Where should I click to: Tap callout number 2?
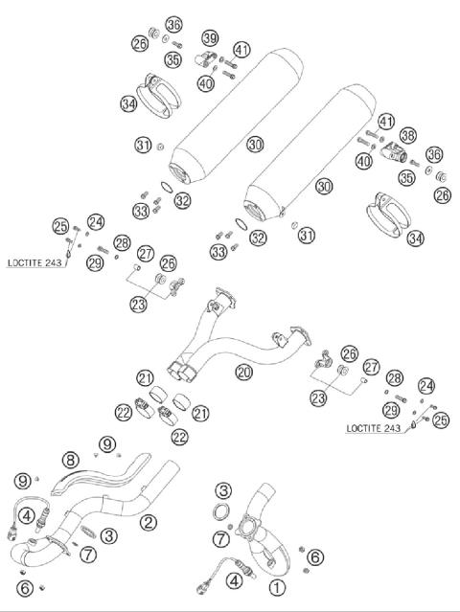[x=147, y=521]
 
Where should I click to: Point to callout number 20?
[x=243, y=370]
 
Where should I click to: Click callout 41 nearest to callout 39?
[x=241, y=50]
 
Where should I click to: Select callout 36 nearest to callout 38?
[x=434, y=154]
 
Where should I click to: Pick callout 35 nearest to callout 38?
[x=408, y=177]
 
